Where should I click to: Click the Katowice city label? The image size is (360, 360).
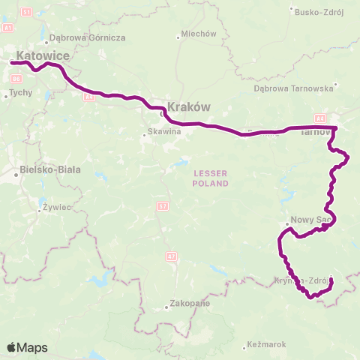43,55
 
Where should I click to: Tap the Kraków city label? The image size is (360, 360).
188,106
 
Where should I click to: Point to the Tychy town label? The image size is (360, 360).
19,94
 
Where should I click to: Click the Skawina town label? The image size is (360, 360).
165,132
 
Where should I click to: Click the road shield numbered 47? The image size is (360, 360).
171,257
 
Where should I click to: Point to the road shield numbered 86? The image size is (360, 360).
89,97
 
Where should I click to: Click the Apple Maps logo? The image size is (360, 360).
27,347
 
